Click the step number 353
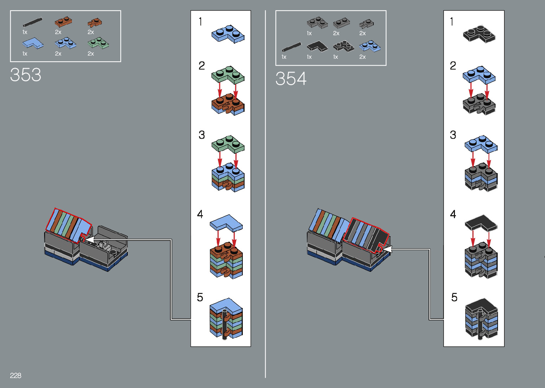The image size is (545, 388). click(26, 75)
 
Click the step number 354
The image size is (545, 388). click(291, 79)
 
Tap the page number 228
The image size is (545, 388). click(16, 376)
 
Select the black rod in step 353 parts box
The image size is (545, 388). click(32, 22)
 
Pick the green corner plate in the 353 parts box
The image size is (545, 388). click(98, 43)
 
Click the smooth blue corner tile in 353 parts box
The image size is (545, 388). click(33, 43)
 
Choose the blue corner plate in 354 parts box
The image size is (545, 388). click(370, 46)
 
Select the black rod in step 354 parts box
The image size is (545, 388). click(292, 47)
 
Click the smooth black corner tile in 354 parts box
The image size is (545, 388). click(317, 46)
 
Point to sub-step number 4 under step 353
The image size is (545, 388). click(200, 214)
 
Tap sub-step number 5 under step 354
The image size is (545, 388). click(454, 298)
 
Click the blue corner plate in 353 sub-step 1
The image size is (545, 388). click(228, 34)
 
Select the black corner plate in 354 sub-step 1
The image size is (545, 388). click(479, 34)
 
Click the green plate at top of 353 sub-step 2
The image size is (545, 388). click(228, 74)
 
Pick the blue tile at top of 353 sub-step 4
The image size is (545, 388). click(226, 223)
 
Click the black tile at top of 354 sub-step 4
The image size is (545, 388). click(481, 223)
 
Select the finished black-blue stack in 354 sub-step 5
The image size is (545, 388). click(481, 319)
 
